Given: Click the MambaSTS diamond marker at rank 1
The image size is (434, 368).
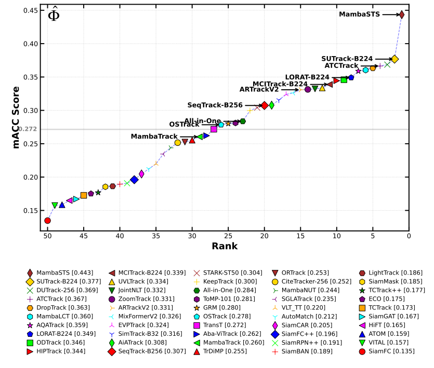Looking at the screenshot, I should tap(401, 15).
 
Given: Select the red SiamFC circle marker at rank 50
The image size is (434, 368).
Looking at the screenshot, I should tap(47, 221).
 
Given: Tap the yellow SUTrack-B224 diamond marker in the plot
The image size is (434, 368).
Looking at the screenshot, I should tap(394, 59).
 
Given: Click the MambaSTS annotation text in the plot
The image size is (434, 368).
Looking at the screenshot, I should tap(359, 15).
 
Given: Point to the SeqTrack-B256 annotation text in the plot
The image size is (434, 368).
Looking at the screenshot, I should tap(215, 105).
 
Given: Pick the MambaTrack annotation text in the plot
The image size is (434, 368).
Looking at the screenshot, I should tap(154, 137).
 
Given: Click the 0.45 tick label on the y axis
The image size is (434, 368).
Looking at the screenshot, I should tap(30, 11).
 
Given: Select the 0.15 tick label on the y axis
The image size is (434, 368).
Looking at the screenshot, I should tap(30, 211).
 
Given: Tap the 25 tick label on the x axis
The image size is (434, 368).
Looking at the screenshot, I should tap(228, 237).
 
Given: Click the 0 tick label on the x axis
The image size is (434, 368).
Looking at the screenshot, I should tap(409, 237).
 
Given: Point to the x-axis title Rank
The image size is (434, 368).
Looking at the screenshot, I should tap(225, 247).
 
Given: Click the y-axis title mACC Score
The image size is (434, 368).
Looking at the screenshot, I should tap(16, 117).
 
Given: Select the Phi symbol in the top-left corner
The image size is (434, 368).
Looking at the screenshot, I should tap(53, 16).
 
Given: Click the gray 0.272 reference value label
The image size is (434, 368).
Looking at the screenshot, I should tap(28, 129).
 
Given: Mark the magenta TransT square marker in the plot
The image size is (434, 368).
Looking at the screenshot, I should tap(214, 129).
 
